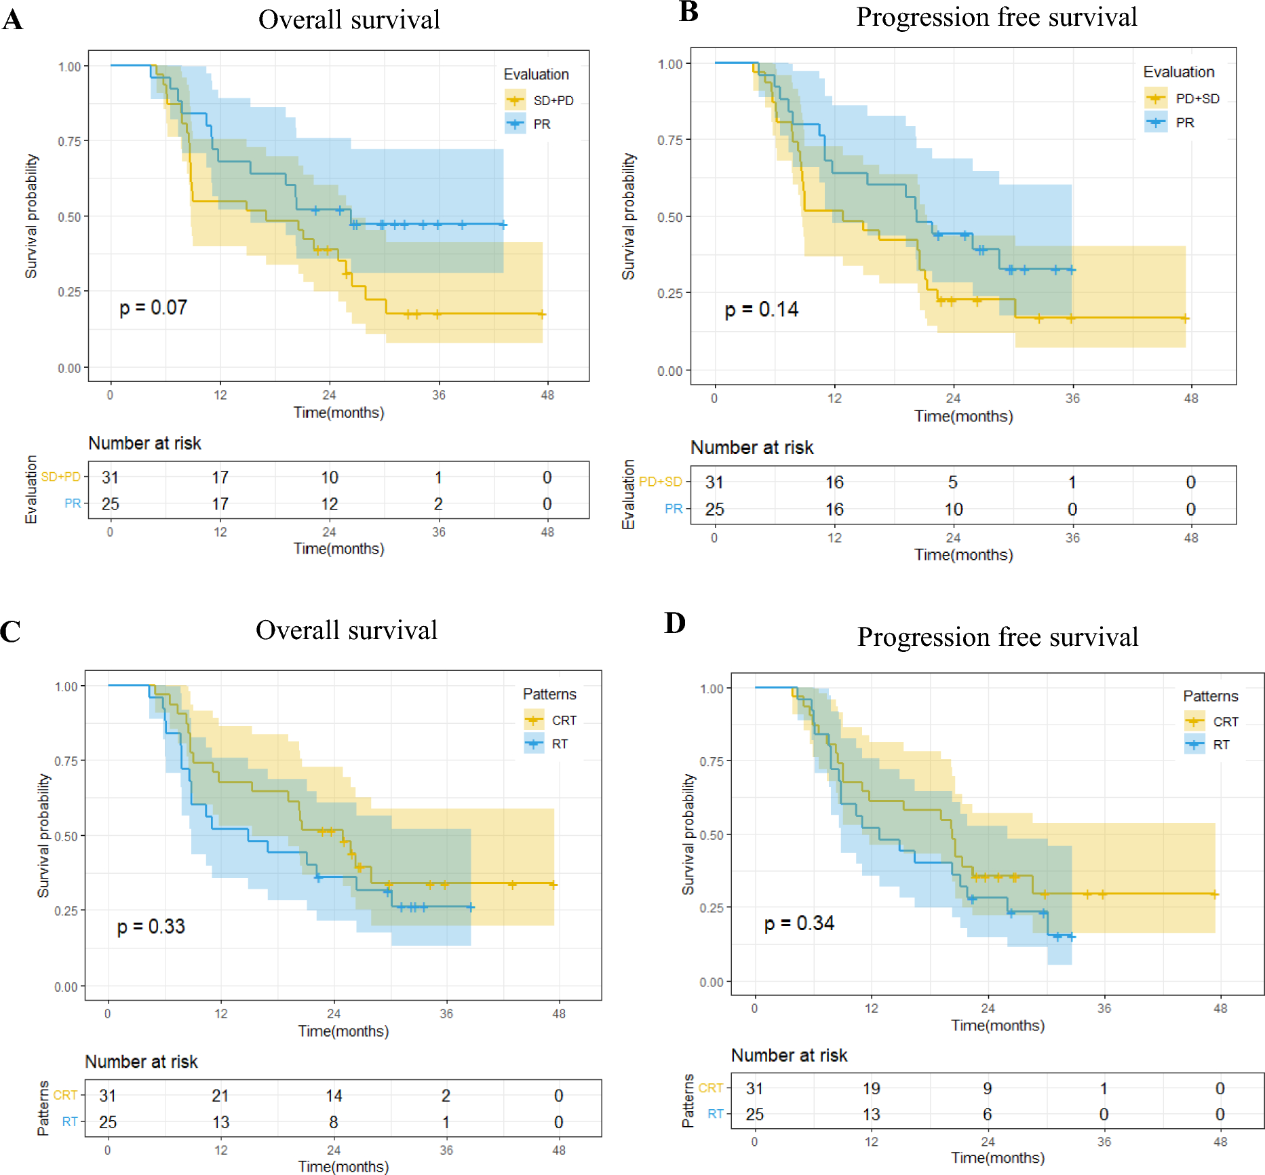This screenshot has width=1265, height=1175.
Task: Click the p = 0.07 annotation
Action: click(x=153, y=308)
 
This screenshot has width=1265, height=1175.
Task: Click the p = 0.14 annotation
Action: click(x=761, y=310)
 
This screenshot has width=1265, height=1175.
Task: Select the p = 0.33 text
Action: click(x=151, y=927)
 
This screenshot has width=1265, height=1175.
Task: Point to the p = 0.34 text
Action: click(x=799, y=923)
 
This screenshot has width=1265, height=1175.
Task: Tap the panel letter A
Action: click(x=12, y=20)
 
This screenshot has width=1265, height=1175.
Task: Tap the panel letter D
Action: click(x=675, y=623)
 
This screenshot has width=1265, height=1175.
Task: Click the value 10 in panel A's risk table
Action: click(x=330, y=478)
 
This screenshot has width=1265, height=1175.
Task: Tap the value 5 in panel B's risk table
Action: click(x=953, y=482)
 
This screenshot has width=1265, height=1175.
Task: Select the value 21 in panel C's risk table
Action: click(x=220, y=1096)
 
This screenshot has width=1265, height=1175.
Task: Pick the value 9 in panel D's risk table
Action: click(x=988, y=1089)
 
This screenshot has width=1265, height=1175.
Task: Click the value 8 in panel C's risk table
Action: click(x=334, y=1122)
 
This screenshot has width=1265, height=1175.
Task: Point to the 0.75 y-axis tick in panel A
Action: click(x=69, y=141)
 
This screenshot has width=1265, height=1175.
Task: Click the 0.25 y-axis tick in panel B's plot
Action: click(x=669, y=293)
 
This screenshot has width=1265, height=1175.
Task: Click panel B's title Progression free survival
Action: click(x=996, y=17)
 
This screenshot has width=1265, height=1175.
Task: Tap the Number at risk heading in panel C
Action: click(x=141, y=1062)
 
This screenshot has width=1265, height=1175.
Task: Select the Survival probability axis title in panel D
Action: click(x=688, y=834)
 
